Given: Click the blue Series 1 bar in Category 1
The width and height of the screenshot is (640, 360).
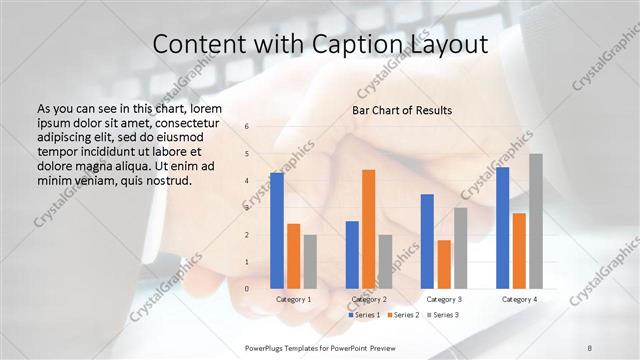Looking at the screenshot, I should pos(277,230).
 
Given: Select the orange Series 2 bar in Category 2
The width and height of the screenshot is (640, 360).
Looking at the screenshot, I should pos(368,229).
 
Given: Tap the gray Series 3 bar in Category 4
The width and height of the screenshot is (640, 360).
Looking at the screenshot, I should pos(536,221).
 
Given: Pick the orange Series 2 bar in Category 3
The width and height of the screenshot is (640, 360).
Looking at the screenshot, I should pos(444,264).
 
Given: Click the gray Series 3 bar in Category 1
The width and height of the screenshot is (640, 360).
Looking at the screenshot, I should pos(310,261).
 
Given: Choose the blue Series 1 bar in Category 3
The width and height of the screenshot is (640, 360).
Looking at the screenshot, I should pos(427,241).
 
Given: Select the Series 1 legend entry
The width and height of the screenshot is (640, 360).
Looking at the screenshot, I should pos(364,315).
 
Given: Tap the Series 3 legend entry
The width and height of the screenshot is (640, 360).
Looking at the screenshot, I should pos(444,315).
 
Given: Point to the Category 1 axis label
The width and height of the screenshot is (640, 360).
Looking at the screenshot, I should pos(293,299).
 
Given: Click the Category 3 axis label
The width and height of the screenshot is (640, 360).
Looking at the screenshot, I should pos(443,299).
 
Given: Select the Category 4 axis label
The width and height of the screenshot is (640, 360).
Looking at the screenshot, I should pos(519,299).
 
